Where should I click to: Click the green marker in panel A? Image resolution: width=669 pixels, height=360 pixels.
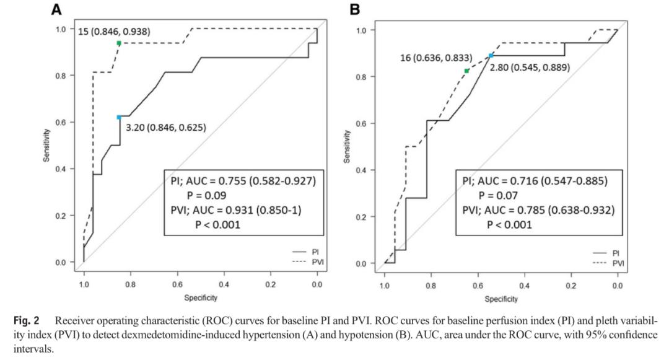(x=119, y=43)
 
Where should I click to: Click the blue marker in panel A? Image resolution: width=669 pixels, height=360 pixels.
(x=119, y=116)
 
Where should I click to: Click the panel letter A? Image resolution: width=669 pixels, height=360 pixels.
(x=57, y=9)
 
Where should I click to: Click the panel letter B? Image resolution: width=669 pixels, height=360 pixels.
(x=355, y=9)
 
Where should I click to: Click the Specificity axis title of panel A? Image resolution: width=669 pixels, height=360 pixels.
(x=199, y=298)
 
